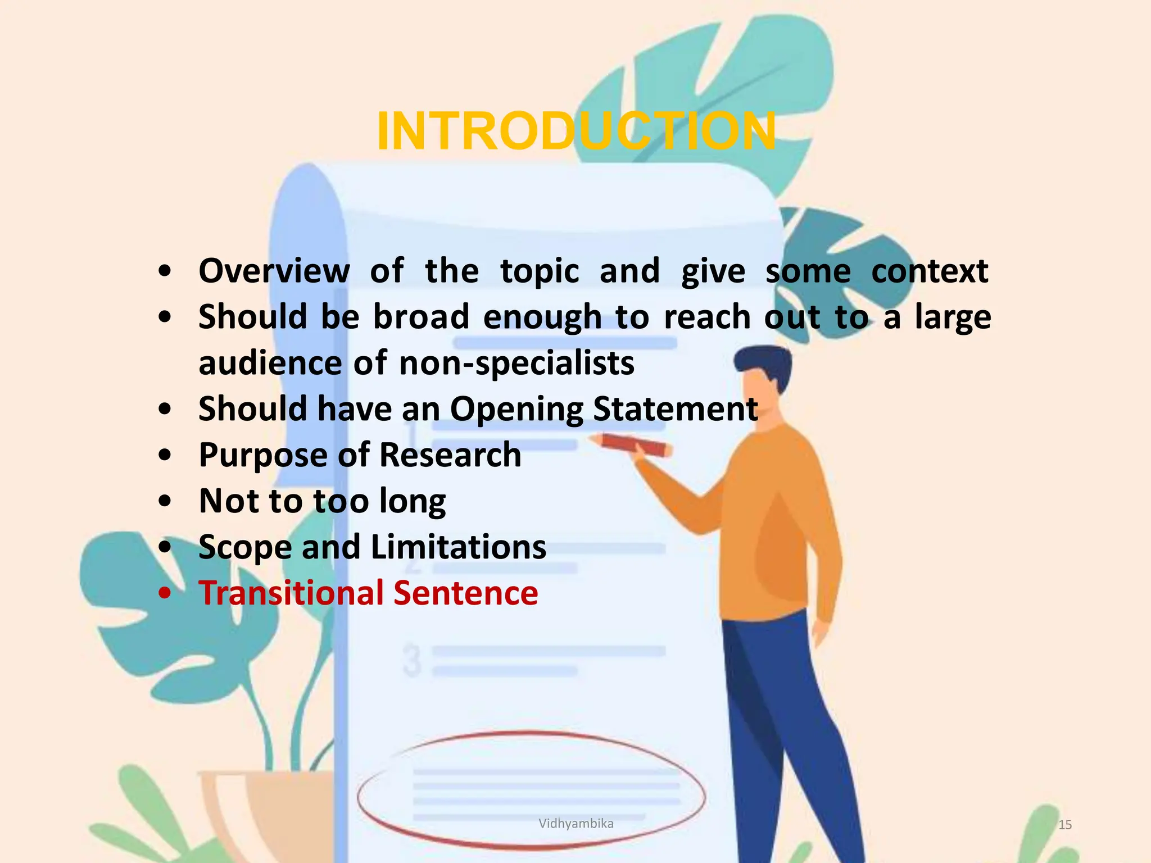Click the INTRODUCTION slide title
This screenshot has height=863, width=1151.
576,131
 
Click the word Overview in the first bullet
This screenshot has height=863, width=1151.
274,271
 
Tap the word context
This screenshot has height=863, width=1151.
930,271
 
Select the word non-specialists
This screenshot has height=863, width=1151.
516,363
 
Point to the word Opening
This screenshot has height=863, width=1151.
517,409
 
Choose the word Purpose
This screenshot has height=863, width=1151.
262,455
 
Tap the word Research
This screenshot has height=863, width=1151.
450,455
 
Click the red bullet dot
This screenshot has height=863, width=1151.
165,593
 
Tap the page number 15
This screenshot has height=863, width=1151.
1065,825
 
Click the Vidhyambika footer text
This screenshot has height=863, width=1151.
576,824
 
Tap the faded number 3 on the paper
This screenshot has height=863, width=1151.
412,661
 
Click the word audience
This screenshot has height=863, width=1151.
270,363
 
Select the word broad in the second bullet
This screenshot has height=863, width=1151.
421,317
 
